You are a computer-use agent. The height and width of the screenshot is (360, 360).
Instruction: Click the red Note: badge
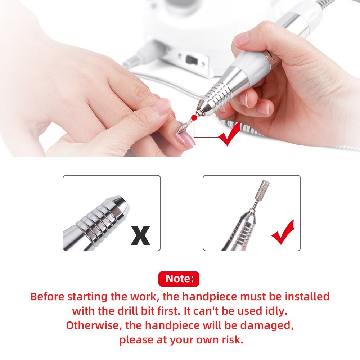pos(179,279)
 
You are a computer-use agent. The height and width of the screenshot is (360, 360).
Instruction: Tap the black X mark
pos(140,235)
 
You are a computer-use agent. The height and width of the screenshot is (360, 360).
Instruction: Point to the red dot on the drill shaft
pos(194,118)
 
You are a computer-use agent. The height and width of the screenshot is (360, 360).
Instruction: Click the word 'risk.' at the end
pos(232,340)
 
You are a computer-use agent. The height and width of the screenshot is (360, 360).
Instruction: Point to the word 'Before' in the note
pos(47,296)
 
